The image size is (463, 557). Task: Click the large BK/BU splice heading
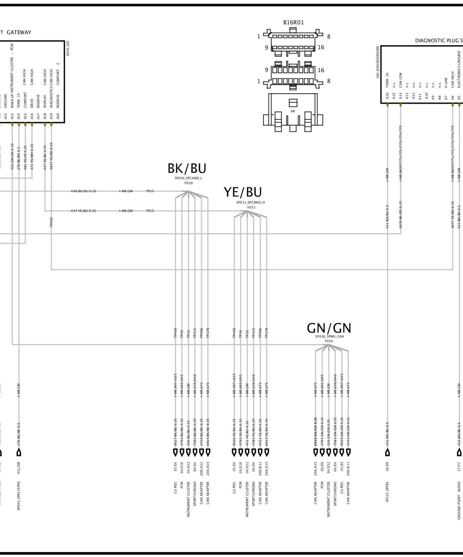pyautogui.click(x=187, y=169)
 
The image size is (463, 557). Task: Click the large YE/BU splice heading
pyautogui.click(x=243, y=192)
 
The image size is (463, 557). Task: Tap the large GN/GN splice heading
pyautogui.click(x=329, y=328)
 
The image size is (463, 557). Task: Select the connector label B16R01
pyautogui.click(x=293, y=22)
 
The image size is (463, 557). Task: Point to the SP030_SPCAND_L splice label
pyautogui.click(x=188, y=178)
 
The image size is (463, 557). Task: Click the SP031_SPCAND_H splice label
pyautogui.click(x=251, y=202)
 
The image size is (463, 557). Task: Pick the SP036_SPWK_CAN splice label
pyautogui.click(x=329, y=336)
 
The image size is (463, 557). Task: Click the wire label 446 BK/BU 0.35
pyautogui.click(x=84, y=191)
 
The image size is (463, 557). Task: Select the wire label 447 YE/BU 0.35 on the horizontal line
pyautogui.click(x=84, y=211)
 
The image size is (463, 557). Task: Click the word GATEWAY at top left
pyautogui.click(x=19, y=32)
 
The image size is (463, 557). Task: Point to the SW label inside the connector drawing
pyautogui.click(x=292, y=111)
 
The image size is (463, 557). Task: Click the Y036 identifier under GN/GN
pyautogui.click(x=329, y=341)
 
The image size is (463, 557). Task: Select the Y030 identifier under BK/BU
pyautogui.click(x=188, y=183)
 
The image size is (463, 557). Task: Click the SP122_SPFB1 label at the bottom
pyautogui.click(x=387, y=495)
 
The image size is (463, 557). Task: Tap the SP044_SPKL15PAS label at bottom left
pyautogui.click(x=19, y=495)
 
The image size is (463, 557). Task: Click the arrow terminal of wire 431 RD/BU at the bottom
pyautogui.click(x=387, y=453)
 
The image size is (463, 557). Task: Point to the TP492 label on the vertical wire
pyautogui.click(x=51, y=222)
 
